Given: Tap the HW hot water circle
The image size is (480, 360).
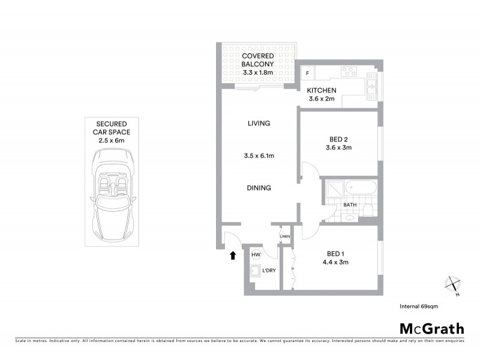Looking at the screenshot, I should (256, 255).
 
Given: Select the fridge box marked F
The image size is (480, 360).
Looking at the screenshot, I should (308, 73).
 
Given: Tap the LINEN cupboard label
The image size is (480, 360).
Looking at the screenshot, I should (285, 236).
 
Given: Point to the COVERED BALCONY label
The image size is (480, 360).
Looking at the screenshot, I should (258, 60).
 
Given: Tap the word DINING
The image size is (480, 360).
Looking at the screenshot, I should (259, 188).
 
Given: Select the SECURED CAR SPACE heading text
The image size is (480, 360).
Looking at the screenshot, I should (111, 127).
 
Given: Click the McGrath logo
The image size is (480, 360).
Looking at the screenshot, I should (431, 328).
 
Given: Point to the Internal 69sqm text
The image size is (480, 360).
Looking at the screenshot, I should (420, 306).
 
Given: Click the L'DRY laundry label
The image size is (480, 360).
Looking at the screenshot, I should (268, 271).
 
